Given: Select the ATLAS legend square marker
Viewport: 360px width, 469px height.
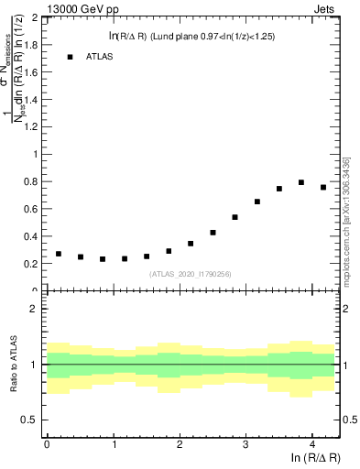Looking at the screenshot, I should (70, 57).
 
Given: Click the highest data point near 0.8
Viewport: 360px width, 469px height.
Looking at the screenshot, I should (301, 182).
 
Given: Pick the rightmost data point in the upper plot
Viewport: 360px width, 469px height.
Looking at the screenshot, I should (323, 187).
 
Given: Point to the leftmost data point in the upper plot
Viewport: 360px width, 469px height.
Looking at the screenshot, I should (59, 254).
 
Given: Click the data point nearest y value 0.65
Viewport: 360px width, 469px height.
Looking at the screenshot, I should (257, 202).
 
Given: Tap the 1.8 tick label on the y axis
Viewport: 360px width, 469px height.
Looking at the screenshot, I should (31, 44).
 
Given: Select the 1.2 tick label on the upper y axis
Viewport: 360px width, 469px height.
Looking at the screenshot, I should (31, 126).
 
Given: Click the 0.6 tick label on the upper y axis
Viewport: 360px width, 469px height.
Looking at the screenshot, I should (31, 209).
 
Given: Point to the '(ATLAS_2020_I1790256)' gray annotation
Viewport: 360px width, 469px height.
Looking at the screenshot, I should (191, 273).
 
